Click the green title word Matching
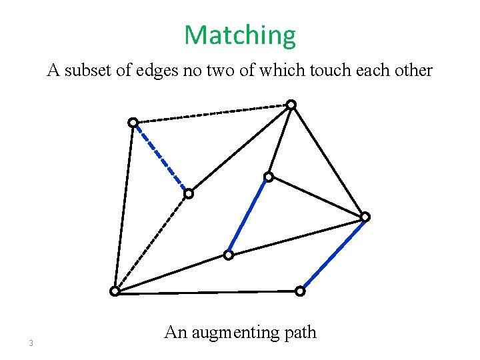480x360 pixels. click(240, 35)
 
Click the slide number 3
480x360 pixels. click(31, 344)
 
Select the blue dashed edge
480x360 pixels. click(161, 158)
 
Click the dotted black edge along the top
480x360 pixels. click(212, 113)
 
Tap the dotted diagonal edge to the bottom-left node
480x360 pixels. click(152, 242)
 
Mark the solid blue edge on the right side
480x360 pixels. click(333, 253)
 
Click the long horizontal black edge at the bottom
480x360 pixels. click(207, 291)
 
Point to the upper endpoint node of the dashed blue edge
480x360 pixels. click(133, 123)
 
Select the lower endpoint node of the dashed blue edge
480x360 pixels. click(189, 194)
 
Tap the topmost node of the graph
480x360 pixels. click(291, 105)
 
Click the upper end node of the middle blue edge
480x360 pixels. click(268, 177)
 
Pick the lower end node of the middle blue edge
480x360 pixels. click(228, 255)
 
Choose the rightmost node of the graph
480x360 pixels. click(365, 217)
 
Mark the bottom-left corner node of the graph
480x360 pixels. click(115, 291)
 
